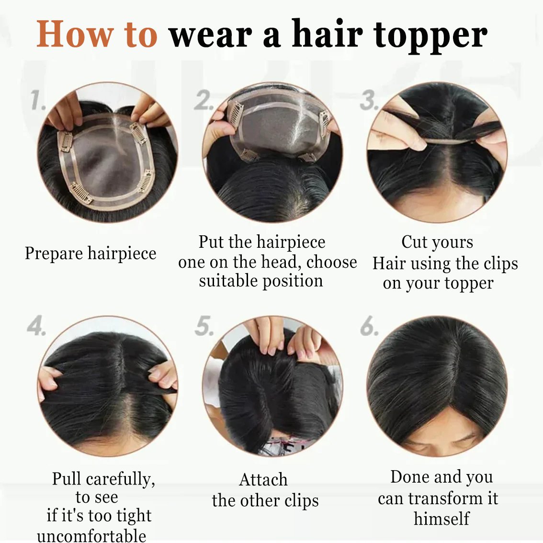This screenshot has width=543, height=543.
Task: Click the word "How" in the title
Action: coord(75,34)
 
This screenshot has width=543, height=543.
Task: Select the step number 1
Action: coord(38,100)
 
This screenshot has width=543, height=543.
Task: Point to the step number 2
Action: coord(203,100)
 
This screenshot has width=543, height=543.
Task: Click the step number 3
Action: coord(369,100)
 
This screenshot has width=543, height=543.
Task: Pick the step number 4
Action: coord(36,325)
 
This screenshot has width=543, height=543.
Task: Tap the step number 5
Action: coord(204,325)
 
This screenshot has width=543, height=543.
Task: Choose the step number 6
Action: coord(369,325)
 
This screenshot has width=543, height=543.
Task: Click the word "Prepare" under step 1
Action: coord(54,254)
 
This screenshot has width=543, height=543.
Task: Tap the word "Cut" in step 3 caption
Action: coord(414,242)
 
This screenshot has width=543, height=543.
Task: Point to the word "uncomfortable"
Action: coord(91,535)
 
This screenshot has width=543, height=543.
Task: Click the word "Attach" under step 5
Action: coord(263,480)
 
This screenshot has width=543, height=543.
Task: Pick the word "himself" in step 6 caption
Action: coord(441,519)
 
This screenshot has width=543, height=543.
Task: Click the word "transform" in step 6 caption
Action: coord(445,498)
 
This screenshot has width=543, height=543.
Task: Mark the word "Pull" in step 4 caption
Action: coord(67,479)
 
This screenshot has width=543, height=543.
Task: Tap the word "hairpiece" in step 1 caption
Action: coord(122,254)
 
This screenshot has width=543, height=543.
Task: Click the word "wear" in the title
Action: coord(211,35)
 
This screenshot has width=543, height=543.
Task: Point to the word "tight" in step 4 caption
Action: coord(134,516)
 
